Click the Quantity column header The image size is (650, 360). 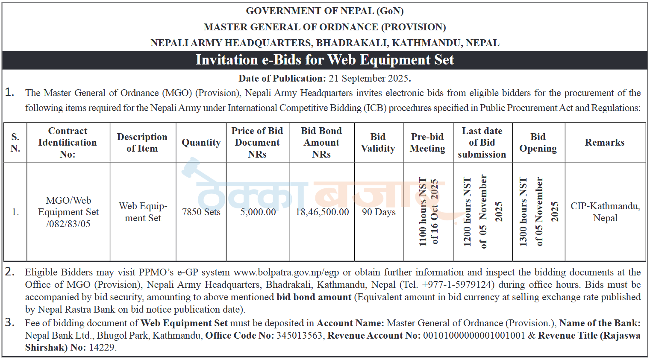pos(201,143)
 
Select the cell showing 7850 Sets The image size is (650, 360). pos(201,212)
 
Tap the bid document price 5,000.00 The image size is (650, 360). pos(258,212)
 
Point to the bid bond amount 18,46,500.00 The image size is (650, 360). pos(322,212)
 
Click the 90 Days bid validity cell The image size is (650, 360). pos(379,212)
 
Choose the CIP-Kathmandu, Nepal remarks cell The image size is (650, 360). pos(605,212)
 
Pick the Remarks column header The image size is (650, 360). pos(604,143)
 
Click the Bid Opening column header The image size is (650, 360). pos(538,143)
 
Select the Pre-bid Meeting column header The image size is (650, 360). pos(427,143)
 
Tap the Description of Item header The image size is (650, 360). pos(142,143)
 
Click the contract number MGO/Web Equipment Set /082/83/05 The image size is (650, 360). pos(68,212)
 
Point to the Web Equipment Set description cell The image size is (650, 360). pos(143,212)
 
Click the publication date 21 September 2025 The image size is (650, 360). pos(369,79)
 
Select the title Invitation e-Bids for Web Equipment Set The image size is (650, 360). pos(325,60)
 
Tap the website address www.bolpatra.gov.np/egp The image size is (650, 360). pos(286,272)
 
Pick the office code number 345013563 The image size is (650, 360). pos(299,336)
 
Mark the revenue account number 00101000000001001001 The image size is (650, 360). pos(474,336)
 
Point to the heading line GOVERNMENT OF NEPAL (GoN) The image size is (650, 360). pos(325,11)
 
